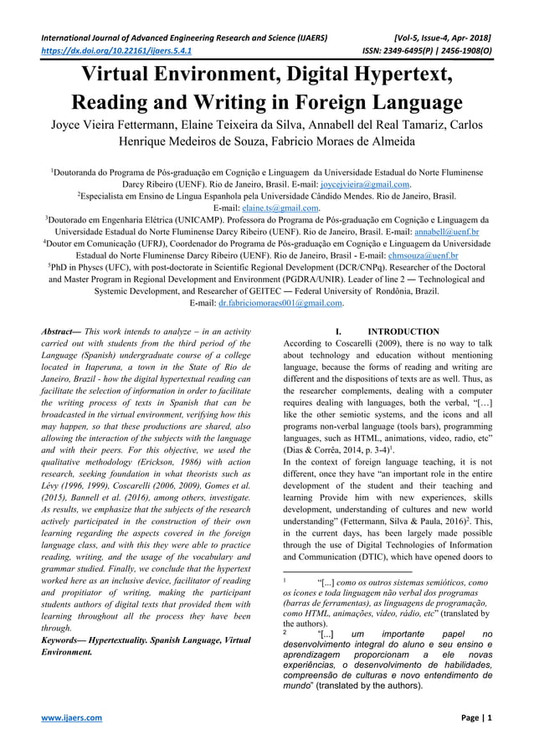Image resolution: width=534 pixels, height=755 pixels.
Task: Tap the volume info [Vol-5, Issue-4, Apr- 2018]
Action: click(441, 38)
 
